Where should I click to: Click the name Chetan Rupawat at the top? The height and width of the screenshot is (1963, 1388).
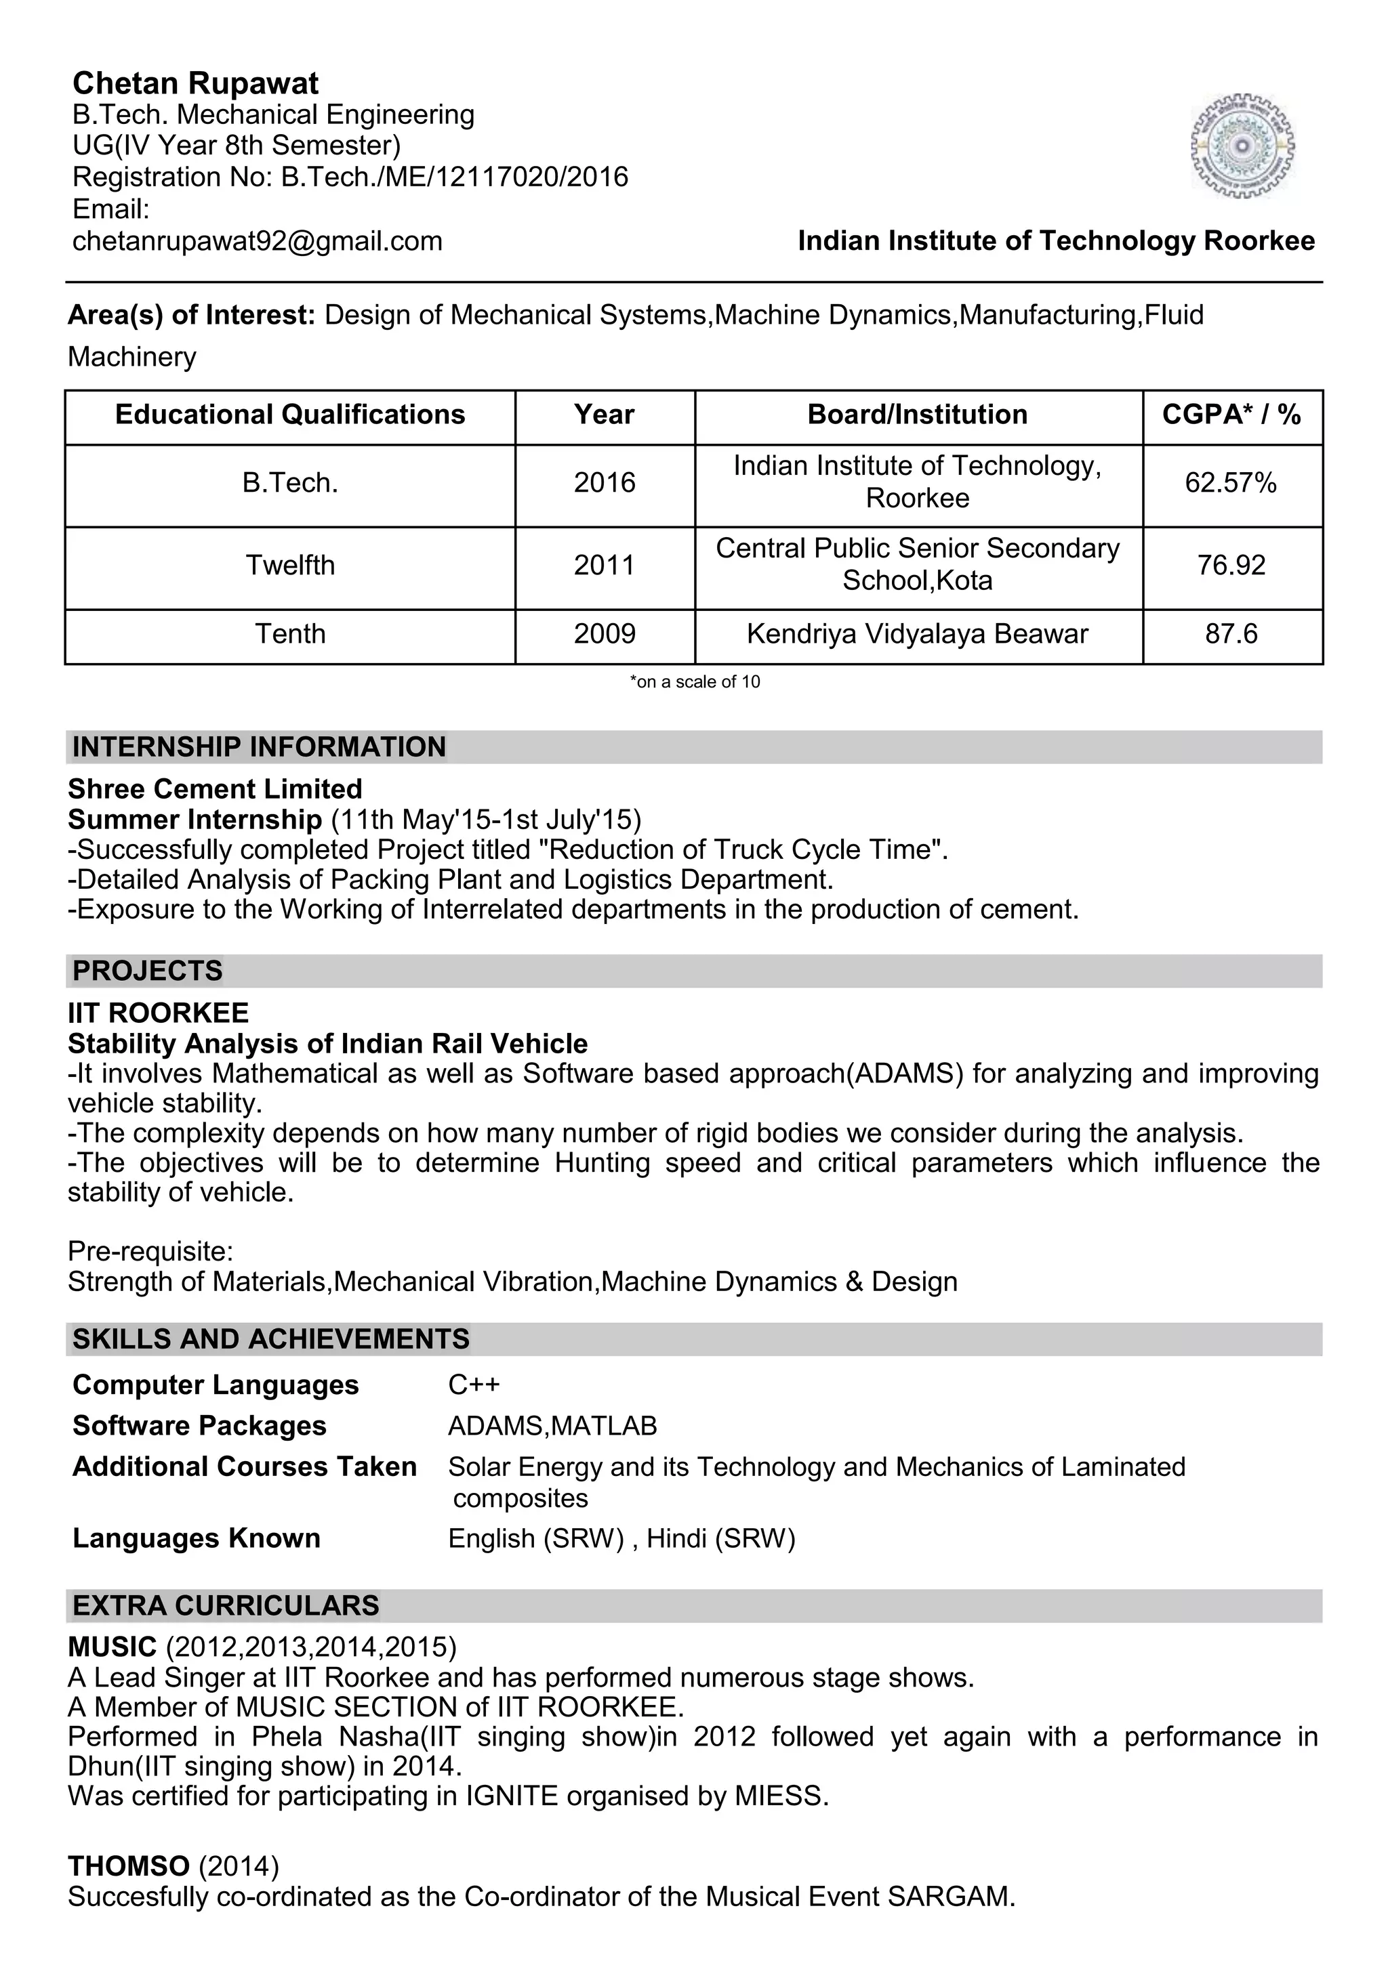coord(195,83)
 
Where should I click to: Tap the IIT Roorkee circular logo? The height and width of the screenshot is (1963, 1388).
coord(1242,147)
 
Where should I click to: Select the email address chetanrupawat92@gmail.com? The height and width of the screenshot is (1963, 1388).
coord(258,241)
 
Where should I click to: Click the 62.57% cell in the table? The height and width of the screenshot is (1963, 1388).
coord(1231,483)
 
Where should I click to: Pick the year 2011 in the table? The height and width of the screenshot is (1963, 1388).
coord(605,565)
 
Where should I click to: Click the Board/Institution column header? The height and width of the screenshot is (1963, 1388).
coord(917,415)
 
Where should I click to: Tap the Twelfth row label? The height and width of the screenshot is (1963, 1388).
coord(290,565)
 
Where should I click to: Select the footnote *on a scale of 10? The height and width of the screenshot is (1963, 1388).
coord(695,681)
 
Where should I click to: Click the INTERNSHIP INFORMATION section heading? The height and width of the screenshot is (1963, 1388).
coord(258,746)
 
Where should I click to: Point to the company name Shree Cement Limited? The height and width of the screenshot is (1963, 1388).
coord(215,788)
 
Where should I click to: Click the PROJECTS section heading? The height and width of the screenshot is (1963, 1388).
coord(147,971)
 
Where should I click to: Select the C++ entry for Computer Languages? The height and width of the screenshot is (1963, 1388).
coord(474,1384)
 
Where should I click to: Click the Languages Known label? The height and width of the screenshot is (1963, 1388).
coord(196,1538)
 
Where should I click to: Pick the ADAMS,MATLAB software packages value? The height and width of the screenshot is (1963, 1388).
coord(552,1425)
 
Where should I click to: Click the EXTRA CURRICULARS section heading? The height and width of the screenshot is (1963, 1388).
coord(226,1605)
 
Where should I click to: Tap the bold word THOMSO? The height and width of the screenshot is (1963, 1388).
coord(128,1865)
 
